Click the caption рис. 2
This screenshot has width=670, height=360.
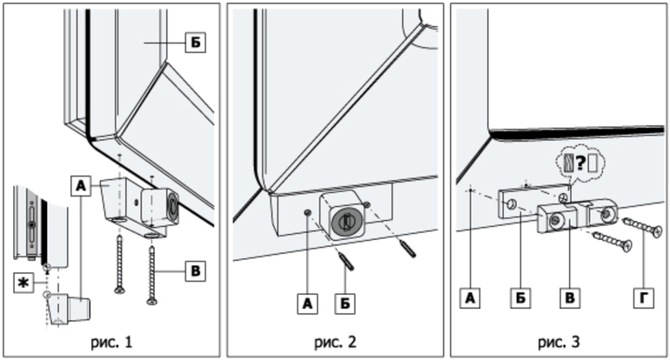click(334, 341)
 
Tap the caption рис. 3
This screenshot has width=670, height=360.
click(558, 341)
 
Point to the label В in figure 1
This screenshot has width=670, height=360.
click(196, 271)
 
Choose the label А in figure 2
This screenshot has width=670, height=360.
click(305, 303)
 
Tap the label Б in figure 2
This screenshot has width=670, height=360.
click(347, 303)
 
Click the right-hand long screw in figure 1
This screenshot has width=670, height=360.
click(153, 274)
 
